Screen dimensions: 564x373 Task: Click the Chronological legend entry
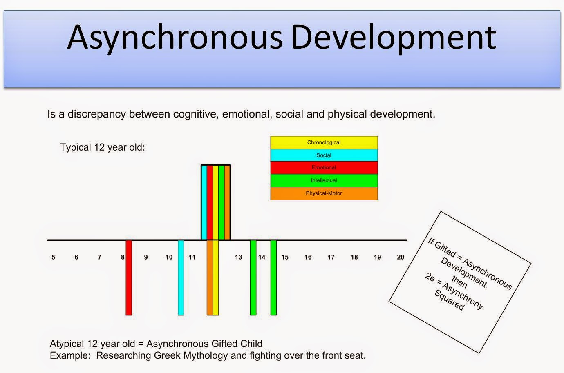(324, 142)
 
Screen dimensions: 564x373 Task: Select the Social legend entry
(324, 155)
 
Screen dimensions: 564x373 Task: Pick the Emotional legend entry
(324, 168)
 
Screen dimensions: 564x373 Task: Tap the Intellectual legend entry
(324, 180)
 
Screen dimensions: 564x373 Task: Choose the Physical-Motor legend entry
(324, 193)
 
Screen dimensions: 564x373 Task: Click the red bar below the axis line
(129, 278)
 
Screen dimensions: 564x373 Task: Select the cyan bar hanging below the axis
(181, 278)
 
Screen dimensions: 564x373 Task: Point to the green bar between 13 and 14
(253, 278)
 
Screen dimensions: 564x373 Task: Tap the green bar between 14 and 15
(273, 278)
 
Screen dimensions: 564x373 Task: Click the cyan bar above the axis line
(204, 202)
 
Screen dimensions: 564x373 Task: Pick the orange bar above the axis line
(227, 202)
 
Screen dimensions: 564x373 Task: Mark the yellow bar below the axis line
(215, 278)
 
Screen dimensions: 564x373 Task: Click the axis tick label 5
(54, 257)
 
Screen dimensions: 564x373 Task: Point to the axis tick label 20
(401, 257)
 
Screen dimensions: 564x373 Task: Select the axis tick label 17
(331, 257)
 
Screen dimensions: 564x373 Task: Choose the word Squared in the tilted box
(450, 300)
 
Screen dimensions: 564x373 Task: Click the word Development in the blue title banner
(394, 38)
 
